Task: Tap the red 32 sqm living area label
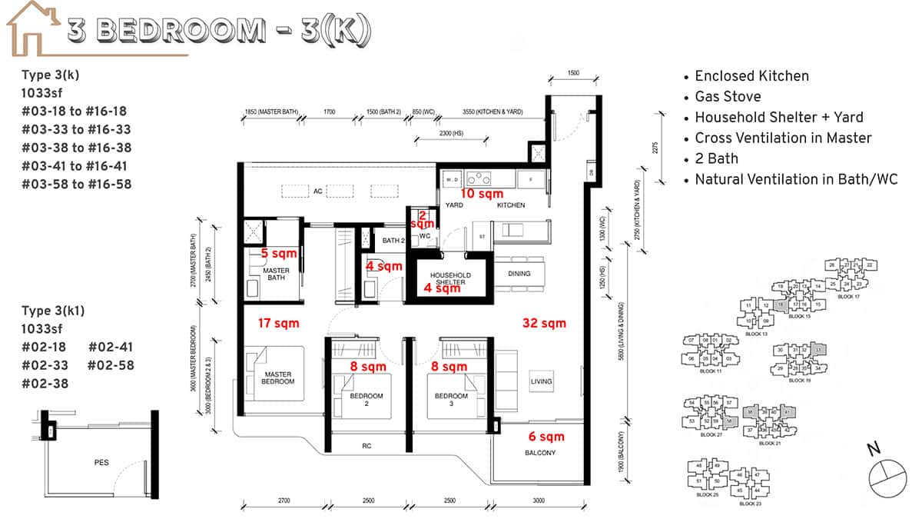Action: point(543,323)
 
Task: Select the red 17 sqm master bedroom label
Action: point(279,323)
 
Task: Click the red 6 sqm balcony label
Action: point(546,437)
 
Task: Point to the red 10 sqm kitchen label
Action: point(482,193)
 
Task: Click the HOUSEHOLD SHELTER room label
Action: point(449,279)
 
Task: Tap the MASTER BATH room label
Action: point(274,274)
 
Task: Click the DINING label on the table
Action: point(519,273)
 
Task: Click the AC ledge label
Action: point(317,191)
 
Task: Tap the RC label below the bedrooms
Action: point(366,444)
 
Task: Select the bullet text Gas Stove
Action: point(728,96)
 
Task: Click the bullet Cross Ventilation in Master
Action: point(783,138)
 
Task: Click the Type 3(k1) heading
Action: point(53,311)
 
